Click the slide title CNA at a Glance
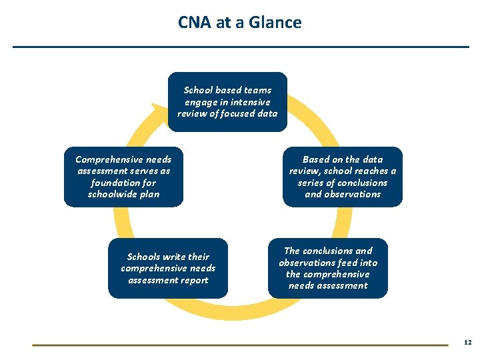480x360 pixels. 239,23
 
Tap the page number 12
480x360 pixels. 467,342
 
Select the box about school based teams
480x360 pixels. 227,101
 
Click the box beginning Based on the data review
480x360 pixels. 342,177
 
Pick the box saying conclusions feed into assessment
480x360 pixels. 327,268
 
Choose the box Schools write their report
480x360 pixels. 168,268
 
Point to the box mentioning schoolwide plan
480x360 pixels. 123,177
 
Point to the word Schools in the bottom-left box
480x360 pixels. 144,257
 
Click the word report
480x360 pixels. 194,280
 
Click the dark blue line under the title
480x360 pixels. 241,47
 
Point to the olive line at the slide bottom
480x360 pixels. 240,345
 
